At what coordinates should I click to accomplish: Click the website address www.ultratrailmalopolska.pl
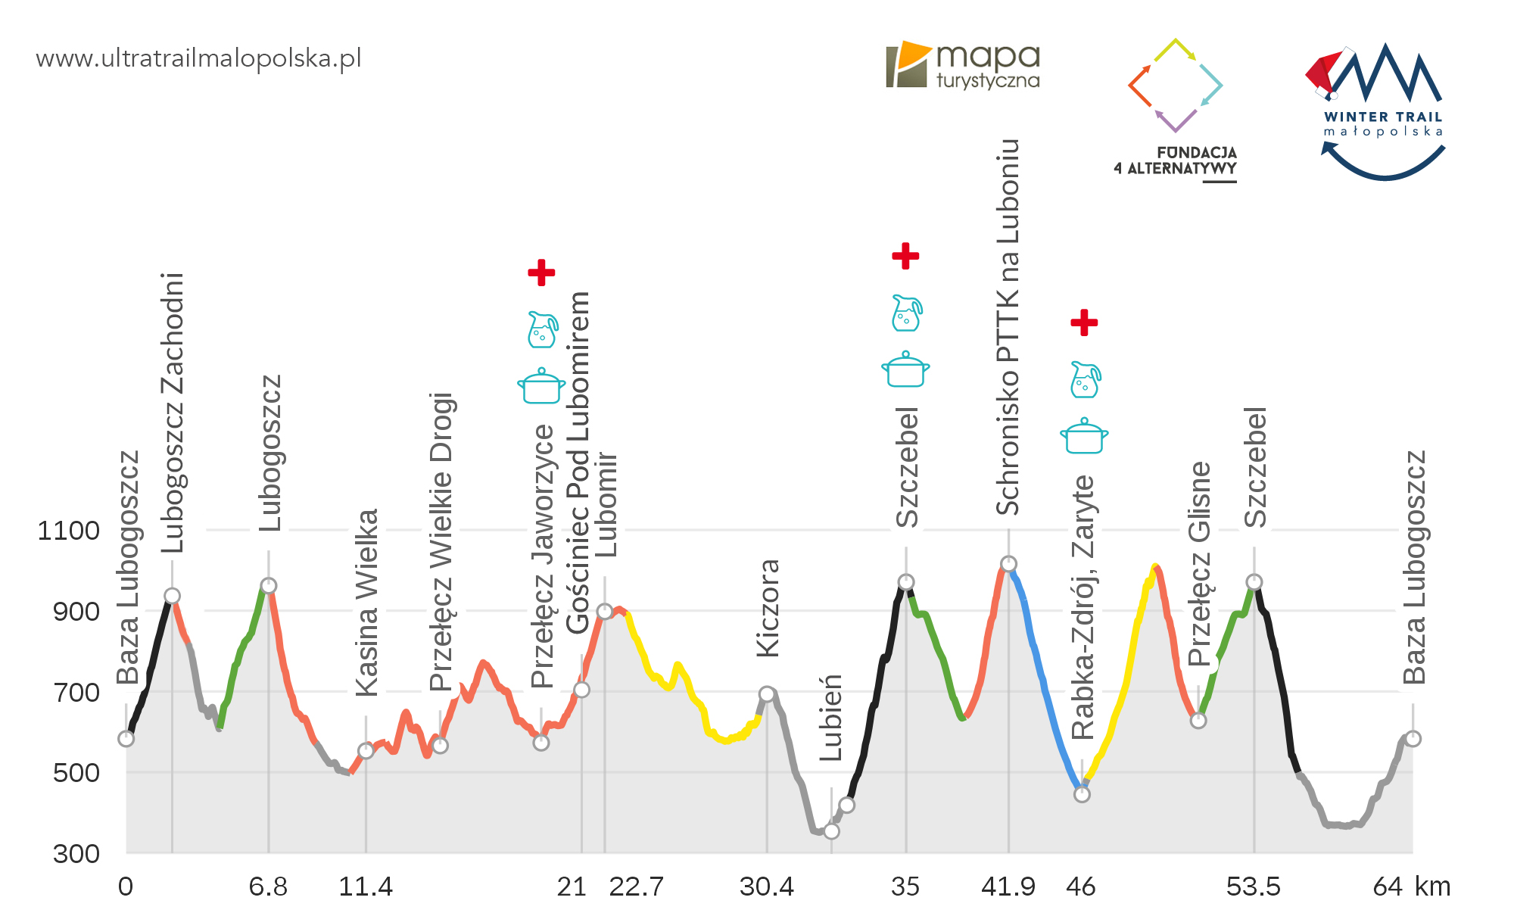click(198, 58)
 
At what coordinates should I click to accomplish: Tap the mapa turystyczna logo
click(963, 65)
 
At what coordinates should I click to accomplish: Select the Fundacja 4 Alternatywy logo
click(1176, 110)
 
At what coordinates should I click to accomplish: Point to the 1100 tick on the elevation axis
click(68, 531)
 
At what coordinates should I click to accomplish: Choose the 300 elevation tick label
click(76, 854)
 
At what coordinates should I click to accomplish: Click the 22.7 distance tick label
click(636, 887)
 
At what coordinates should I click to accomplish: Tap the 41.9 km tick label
click(1008, 887)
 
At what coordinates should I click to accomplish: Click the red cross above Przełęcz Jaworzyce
click(541, 273)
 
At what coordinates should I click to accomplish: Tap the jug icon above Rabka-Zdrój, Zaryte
click(1085, 380)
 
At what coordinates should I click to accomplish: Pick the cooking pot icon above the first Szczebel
click(905, 369)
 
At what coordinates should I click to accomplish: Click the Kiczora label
click(768, 608)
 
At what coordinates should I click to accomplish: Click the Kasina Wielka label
click(366, 603)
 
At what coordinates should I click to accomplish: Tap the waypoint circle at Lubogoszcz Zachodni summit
click(172, 596)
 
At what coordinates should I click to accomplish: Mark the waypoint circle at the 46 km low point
click(1082, 794)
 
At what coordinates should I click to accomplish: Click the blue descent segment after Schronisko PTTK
click(1045, 681)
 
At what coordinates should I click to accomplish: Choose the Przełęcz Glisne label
click(1199, 564)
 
